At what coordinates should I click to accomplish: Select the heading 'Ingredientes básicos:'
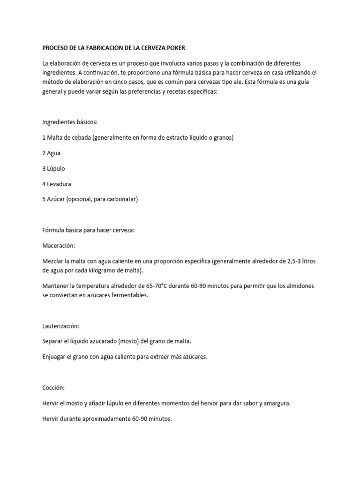[x=70, y=122]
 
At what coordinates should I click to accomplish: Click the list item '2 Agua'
[x=51, y=153]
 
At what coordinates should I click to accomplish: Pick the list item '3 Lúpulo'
[x=53, y=168]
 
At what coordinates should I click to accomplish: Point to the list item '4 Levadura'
[x=57, y=184]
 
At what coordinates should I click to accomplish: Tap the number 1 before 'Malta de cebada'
[x=44, y=137]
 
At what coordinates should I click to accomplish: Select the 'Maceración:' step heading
[x=59, y=245]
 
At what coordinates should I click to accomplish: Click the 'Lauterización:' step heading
[x=60, y=326]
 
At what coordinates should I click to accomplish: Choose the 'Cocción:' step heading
[x=53, y=388]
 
